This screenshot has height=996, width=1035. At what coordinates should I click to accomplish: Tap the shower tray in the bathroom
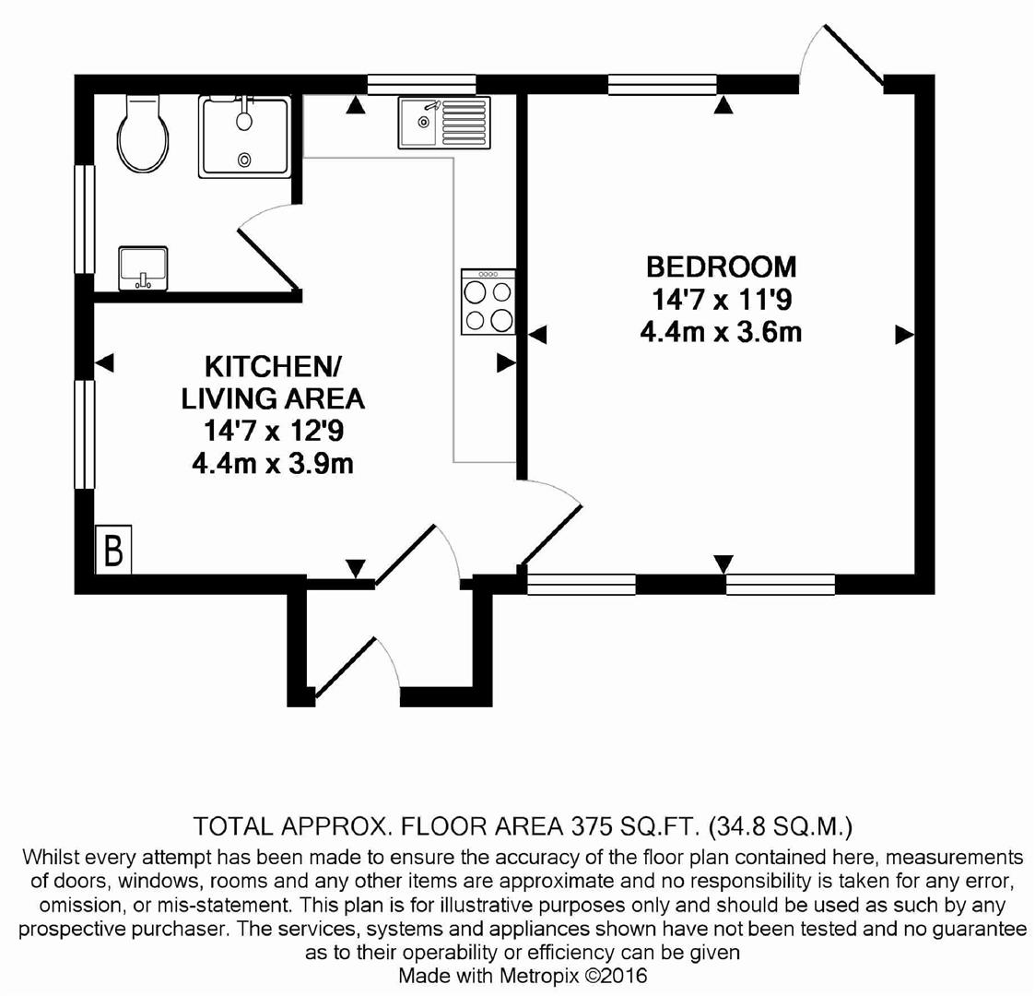tap(244, 136)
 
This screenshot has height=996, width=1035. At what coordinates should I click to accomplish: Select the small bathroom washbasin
tap(143, 267)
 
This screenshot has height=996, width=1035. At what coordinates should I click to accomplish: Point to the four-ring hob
tap(488, 302)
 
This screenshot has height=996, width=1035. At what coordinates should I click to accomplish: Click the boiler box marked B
tap(113, 551)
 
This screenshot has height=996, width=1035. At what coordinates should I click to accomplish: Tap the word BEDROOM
tap(721, 267)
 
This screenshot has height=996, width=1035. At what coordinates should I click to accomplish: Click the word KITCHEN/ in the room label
tap(272, 366)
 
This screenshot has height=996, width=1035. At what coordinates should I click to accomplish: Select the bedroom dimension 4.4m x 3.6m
tap(721, 331)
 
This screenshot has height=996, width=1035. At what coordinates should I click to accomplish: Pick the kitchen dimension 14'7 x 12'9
tap(272, 431)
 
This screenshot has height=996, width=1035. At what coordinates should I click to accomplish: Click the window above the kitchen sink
tap(421, 85)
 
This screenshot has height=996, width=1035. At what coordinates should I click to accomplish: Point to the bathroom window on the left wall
tap(85, 219)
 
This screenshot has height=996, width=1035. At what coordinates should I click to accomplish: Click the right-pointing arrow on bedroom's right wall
tap(904, 335)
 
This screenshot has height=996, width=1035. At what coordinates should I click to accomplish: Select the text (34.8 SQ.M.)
tap(782, 824)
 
